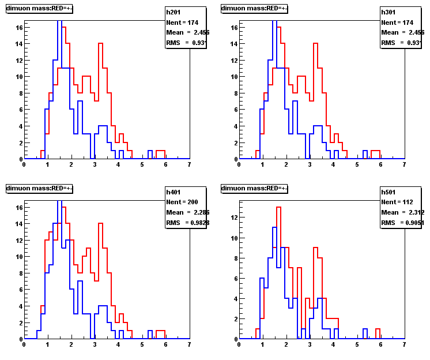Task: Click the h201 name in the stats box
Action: coord(173,12)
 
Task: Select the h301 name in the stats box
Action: coord(388,12)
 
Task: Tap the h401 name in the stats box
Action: coord(173,192)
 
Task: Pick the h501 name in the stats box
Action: coord(388,192)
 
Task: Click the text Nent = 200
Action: coord(182,202)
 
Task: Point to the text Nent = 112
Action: coord(397,202)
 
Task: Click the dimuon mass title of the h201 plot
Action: coord(39,8)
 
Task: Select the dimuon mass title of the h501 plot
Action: coord(254,188)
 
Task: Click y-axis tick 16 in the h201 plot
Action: coord(18,27)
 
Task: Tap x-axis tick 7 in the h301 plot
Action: coord(404,164)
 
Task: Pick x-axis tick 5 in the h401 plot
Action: coord(142,344)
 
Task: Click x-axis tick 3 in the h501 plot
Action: coord(310,344)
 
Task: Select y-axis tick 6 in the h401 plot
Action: coord(20,289)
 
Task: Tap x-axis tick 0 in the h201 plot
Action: coord(24,164)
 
